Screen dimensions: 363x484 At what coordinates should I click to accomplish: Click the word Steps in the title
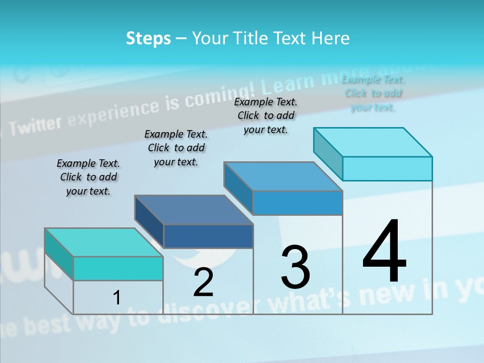click(148, 38)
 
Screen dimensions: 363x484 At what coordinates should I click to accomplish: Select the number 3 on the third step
click(295, 267)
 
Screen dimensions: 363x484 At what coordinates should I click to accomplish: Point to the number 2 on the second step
click(203, 282)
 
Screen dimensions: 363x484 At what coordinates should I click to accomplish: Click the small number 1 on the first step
click(117, 297)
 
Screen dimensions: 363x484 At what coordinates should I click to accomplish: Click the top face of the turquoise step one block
click(103, 242)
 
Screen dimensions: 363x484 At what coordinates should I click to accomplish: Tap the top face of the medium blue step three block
click(283, 176)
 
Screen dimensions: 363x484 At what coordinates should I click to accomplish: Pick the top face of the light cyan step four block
click(373, 142)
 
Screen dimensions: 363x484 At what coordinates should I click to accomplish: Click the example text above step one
click(88, 177)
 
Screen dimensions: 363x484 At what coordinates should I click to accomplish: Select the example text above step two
click(176, 148)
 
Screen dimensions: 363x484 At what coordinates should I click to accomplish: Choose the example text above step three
click(266, 115)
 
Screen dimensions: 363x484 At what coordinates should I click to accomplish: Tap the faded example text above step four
click(373, 93)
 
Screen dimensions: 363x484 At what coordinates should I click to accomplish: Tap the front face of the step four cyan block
click(387, 168)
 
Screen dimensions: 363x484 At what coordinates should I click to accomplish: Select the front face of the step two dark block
click(208, 236)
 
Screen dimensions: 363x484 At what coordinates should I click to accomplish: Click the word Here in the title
click(331, 38)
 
